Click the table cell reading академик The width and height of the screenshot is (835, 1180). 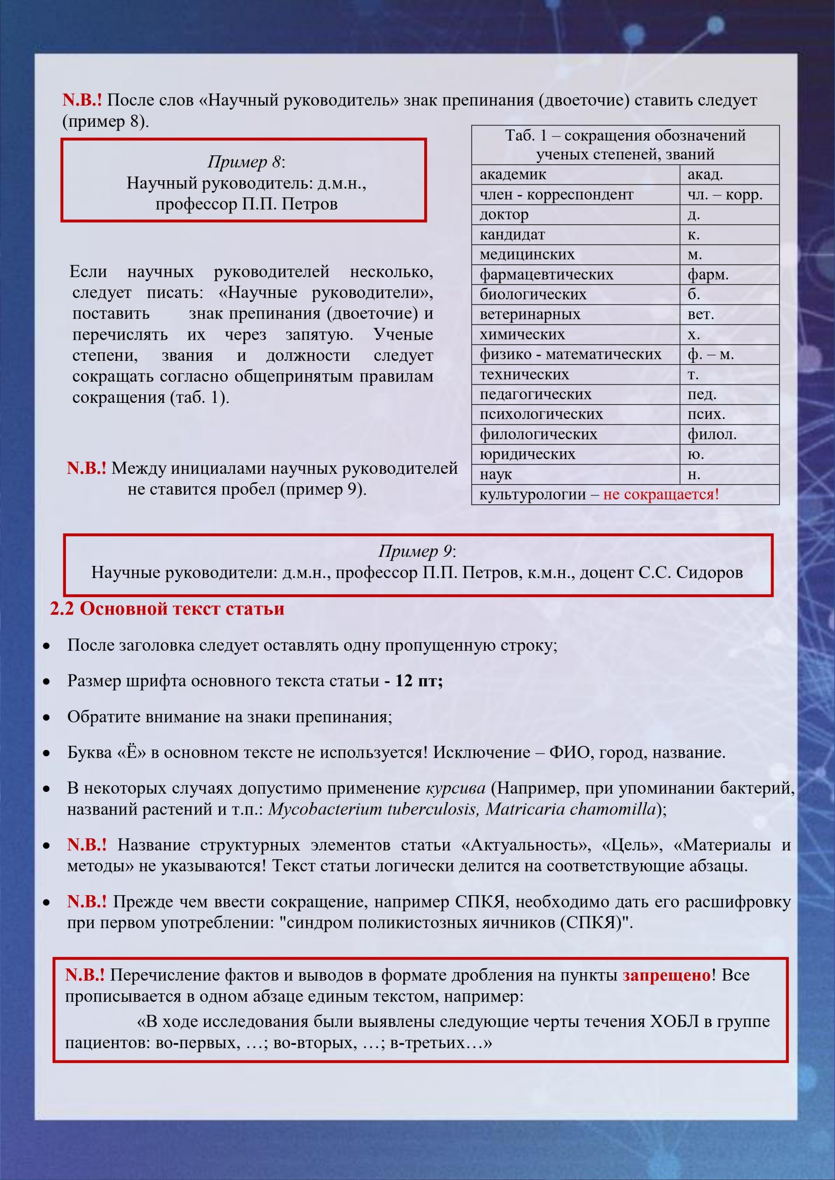[513, 175]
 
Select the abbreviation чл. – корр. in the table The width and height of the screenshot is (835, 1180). [725, 195]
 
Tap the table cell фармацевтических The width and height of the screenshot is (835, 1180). [546, 274]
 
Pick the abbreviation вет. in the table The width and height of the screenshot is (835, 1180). [701, 314]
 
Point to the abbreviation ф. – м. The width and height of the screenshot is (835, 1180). [711, 354]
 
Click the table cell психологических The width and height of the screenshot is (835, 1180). [541, 414]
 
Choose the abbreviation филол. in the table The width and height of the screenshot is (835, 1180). [712, 434]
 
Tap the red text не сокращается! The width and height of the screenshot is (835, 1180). [661, 495]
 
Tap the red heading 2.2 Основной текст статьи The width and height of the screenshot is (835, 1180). [167, 608]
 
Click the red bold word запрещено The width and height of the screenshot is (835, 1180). [666, 975]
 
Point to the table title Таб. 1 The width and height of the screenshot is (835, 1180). [526, 136]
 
